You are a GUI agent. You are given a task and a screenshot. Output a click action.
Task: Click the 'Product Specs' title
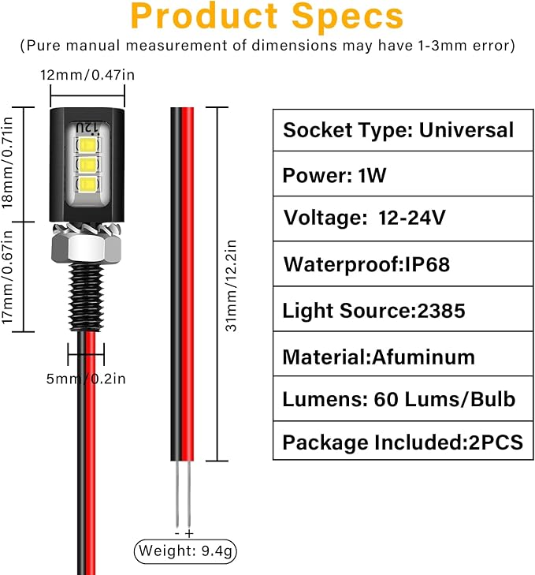pyautogui.click(x=267, y=16)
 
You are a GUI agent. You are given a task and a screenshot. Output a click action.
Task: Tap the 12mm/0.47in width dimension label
pyautogui.click(x=87, y=75)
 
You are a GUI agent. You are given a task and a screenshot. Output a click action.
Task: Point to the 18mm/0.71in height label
pyautogui.click(x=7, y=162)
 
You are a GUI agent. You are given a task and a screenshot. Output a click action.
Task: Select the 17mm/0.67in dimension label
pyautogui.click(x=7, y=277)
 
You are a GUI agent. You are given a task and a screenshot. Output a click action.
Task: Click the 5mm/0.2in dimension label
pyautogui.click(x=86, y=379)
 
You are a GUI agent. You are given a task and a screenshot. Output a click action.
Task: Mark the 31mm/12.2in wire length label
pyautogui.click(x=231, y=286)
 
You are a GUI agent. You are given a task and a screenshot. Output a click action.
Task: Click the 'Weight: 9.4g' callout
pyautogui.click(x=185, y=551)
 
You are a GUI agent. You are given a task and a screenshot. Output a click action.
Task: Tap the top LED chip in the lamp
pyautogui.click(x=87, y=144)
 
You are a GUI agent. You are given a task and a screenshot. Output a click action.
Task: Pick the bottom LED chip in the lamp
pyautogui.click(x=87, y=184)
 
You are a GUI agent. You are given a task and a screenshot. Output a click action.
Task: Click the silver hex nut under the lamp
pyautogui.click(x=87, y=248)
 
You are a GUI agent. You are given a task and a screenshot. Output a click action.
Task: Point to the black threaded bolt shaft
pyautogui.click(x=86, y=297)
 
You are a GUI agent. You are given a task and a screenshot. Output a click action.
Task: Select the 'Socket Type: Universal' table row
pyautogui.click(x=403, y=130)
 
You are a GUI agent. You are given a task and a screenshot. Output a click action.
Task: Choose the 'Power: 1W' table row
pyautogui.click(x=403, y=174)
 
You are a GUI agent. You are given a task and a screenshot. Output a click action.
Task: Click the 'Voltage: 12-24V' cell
pyautogui.click(x=403, y=218)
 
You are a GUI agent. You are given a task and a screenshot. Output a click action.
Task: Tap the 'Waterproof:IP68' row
pyautogui.click(x=403, y=263)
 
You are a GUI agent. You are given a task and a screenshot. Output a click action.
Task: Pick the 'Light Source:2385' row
pyautogui.click(x=403, y=309)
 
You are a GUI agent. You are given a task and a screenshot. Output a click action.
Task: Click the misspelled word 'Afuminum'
pyautogui.click(x=424, y=357)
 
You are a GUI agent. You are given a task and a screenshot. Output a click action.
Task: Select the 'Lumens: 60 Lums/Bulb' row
pyautogui.click(x=403, y=398)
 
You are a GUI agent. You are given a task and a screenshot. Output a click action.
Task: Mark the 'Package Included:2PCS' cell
pyautogui.click(x=403, y=441)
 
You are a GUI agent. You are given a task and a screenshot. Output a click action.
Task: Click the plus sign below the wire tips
pyautogui.click(x=189, y=533)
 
